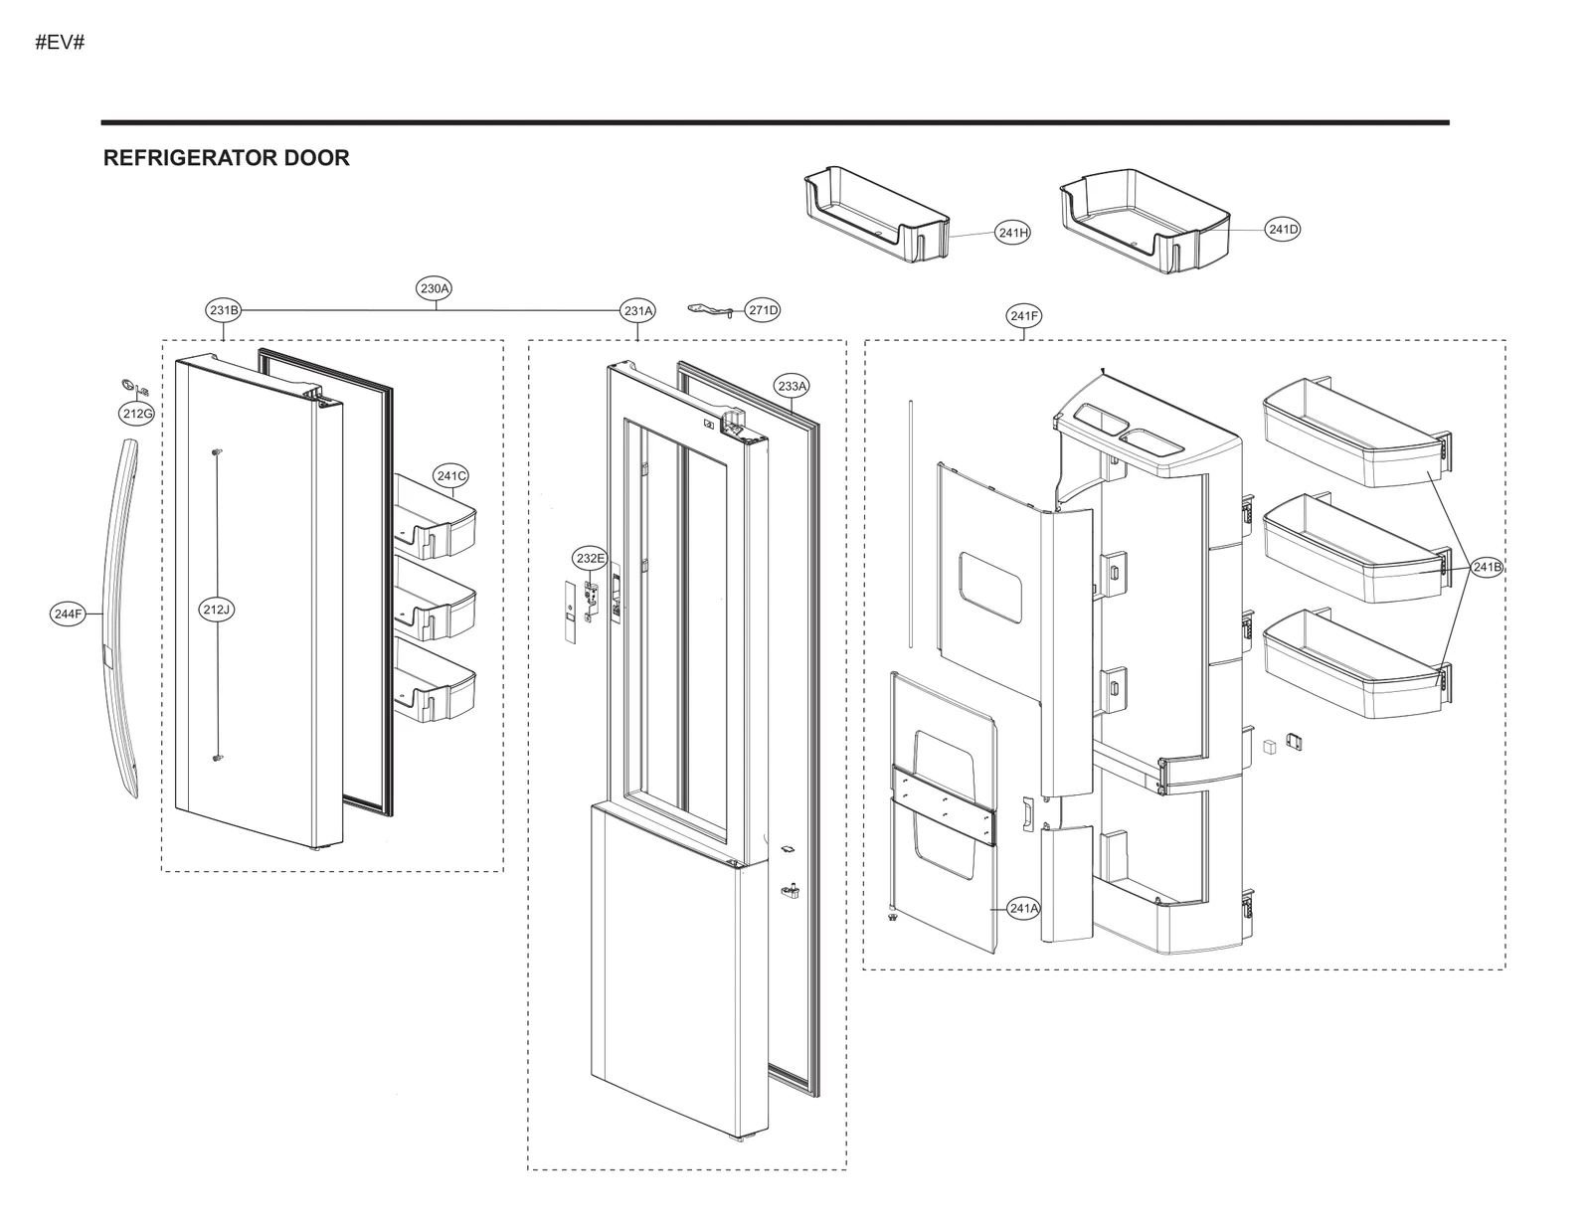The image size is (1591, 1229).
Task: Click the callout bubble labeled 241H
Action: (1012, 233)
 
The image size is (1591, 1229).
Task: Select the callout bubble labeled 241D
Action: (1283, 230)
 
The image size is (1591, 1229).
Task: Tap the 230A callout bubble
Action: (435, 288)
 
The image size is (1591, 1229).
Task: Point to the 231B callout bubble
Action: (224, 310)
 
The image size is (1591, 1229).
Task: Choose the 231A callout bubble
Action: (638, 310)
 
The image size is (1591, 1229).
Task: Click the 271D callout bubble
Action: (763, 310)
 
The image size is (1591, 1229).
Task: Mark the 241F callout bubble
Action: (1023, 316)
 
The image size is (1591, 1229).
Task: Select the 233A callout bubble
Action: (793, 385)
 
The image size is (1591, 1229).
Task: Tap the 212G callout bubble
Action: (136, 413)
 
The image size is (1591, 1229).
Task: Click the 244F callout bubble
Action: (68, 614)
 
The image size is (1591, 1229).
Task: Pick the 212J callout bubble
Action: (216, 610)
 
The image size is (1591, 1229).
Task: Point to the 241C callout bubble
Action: (450, 475)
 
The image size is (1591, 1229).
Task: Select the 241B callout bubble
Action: (1487, 567)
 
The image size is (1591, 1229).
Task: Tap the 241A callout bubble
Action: (1023, 908)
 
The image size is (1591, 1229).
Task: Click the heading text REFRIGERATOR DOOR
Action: (226, 158)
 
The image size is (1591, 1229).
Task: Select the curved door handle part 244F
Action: (120, 616)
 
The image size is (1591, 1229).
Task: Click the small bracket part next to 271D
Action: (714, 310)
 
